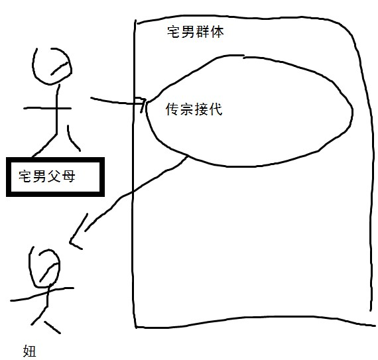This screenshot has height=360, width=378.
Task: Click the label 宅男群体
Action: pos(196,32)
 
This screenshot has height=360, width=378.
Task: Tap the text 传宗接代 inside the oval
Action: pos(194,109)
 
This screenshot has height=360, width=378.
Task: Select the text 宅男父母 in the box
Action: pos(47,176)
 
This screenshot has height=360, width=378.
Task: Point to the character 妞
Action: pos(29,351)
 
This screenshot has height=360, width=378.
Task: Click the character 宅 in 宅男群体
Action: pos(174,32)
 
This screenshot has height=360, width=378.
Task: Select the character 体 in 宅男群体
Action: pos(218,32)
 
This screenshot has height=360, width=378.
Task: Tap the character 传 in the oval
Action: pos(172,109)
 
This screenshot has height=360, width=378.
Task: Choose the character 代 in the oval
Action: pos(216,109)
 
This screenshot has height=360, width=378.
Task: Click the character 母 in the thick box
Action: pos(69,176)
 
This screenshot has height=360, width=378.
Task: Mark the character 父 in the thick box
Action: pos(54,176)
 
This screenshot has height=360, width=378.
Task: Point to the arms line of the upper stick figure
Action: pos(48,109)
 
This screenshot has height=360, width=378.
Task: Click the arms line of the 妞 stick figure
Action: pos(42,294)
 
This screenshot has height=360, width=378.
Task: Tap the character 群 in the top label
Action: pos(203,32)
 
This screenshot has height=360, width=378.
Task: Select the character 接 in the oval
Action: pos(201,109)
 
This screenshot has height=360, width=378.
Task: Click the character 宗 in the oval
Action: pos(187,109)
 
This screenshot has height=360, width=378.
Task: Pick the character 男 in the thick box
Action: pos(40,176)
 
